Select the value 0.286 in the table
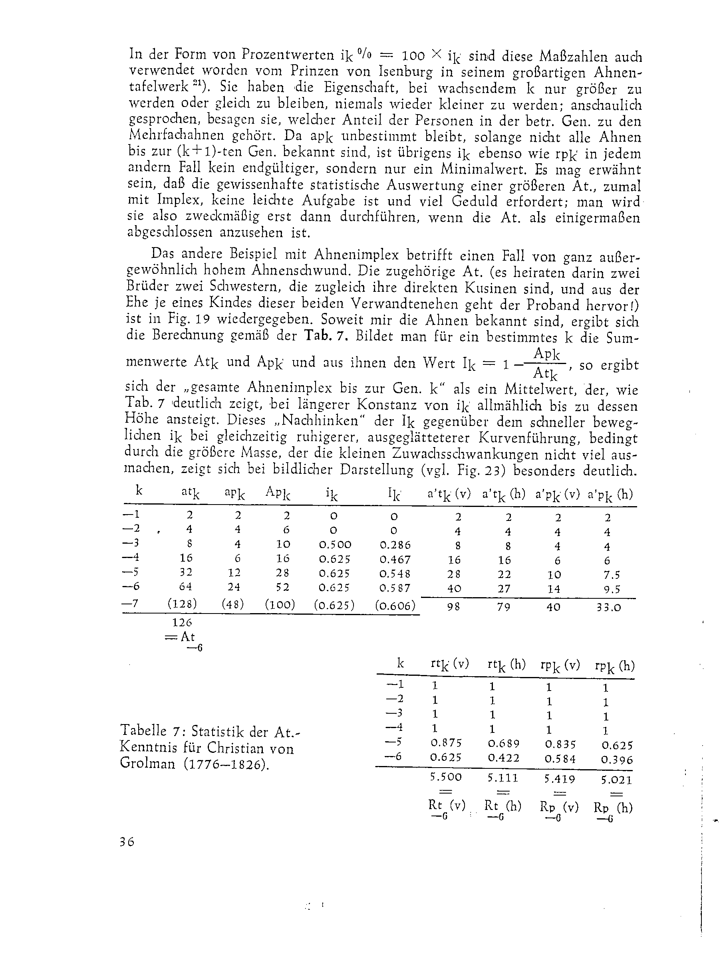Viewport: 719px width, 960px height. point(395,545)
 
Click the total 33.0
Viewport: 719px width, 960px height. point(609,607)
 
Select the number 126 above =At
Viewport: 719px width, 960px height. point(182,622)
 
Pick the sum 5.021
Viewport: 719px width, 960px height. point(616,780)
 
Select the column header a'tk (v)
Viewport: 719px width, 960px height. point(449,494)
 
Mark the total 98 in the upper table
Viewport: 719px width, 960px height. point(453,607)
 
